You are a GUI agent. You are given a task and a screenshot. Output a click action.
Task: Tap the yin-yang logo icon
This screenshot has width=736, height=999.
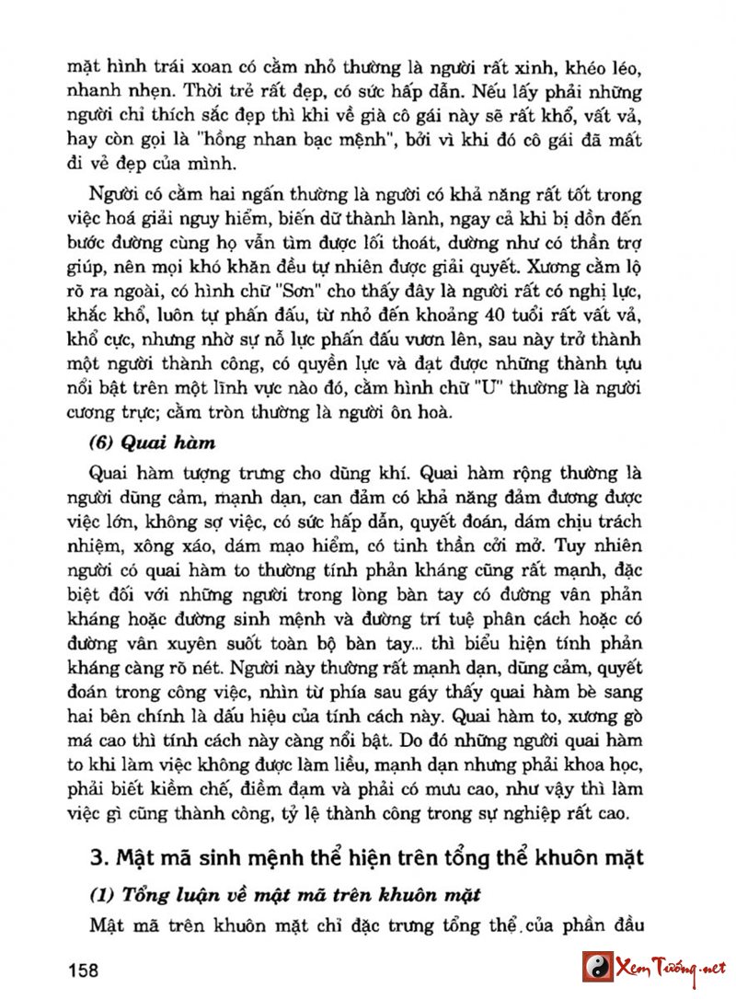tap(598, 967)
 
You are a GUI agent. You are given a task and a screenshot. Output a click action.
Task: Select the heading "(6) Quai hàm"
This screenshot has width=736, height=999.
tap(152, 443)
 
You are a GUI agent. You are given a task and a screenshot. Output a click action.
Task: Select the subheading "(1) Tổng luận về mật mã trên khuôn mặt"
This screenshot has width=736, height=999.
tap(286, 895)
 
